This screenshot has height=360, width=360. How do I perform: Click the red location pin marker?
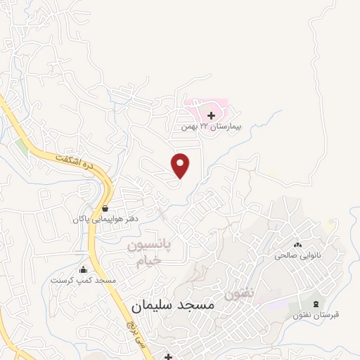pos(181,165)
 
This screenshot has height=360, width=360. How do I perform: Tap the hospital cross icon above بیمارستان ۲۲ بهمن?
pos(212,115)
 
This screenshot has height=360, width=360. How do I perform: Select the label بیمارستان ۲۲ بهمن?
pos(211,127)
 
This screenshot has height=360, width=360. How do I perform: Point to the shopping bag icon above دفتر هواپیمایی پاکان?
pos(105,208)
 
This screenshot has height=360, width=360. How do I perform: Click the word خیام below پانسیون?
pos(148,260)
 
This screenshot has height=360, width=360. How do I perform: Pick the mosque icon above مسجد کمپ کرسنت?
pos(83,269)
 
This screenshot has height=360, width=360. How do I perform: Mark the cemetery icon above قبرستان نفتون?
pos(316,304)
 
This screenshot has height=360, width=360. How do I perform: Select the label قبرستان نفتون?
pos(316,314)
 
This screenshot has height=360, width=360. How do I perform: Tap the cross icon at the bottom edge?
pos(168,356)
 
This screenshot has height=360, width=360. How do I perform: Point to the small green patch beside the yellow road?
pos(22,149)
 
